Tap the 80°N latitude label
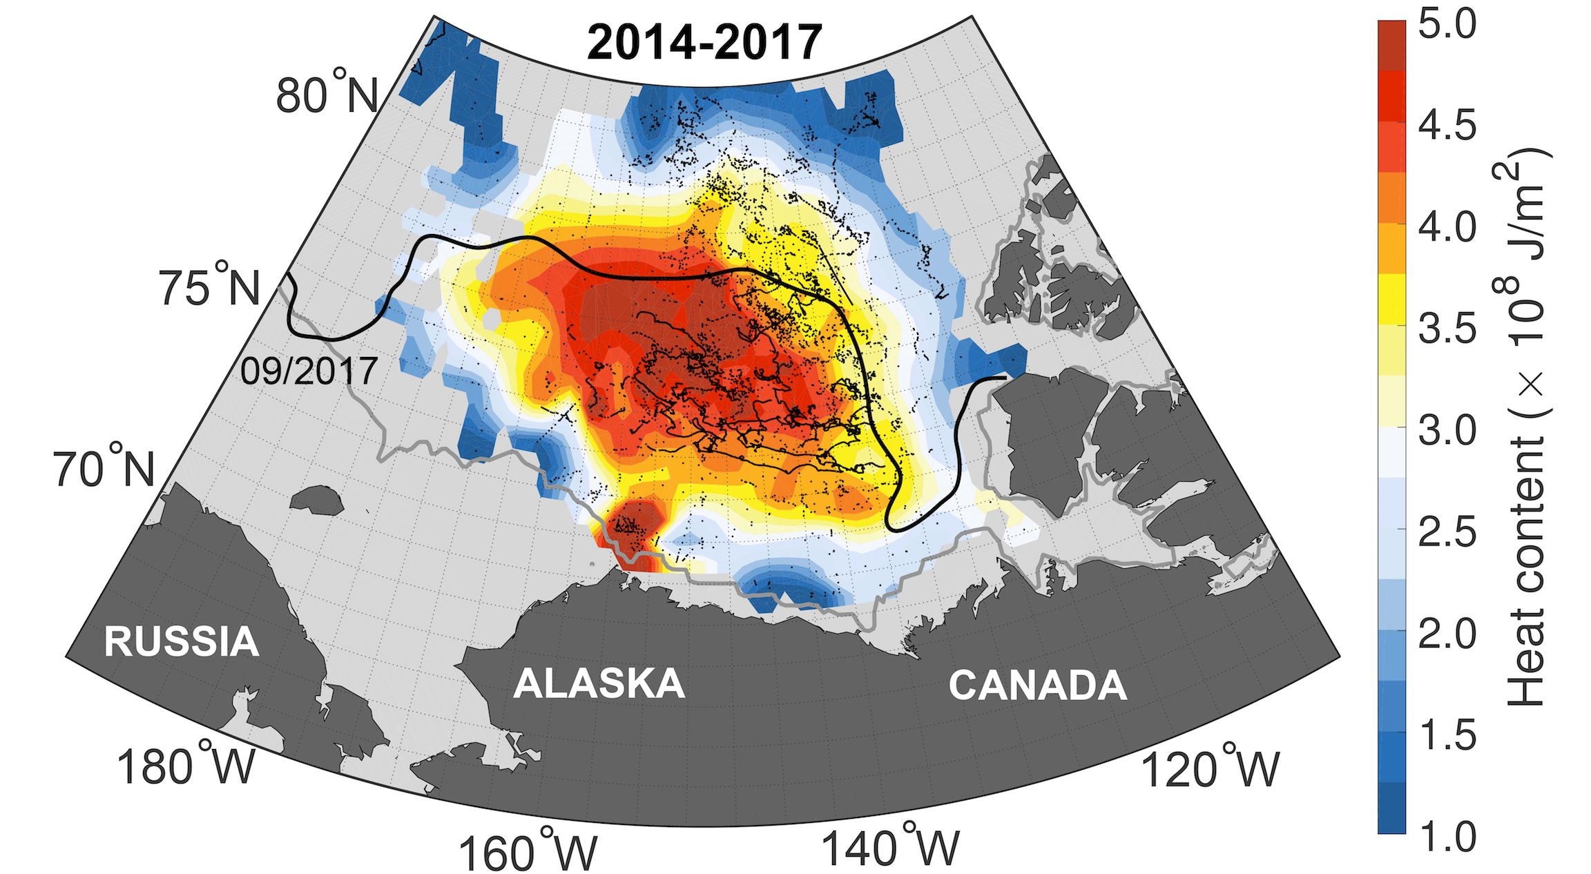click(x=327, y=93)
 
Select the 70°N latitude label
click(x=104, y=468)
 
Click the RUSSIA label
click(x=181, y=641)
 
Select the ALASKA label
click(x=599, y=683)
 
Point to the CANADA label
click(x=1037, y=685)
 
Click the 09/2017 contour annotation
click(x=309, y=371)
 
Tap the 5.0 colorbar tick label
click(x=1447, y=23)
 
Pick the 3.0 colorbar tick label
click(x=1447, y=431)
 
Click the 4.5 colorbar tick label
click(x=1447, y=126)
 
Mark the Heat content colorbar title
click(x=1526, y=428)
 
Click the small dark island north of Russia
click(x=317, y=499)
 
